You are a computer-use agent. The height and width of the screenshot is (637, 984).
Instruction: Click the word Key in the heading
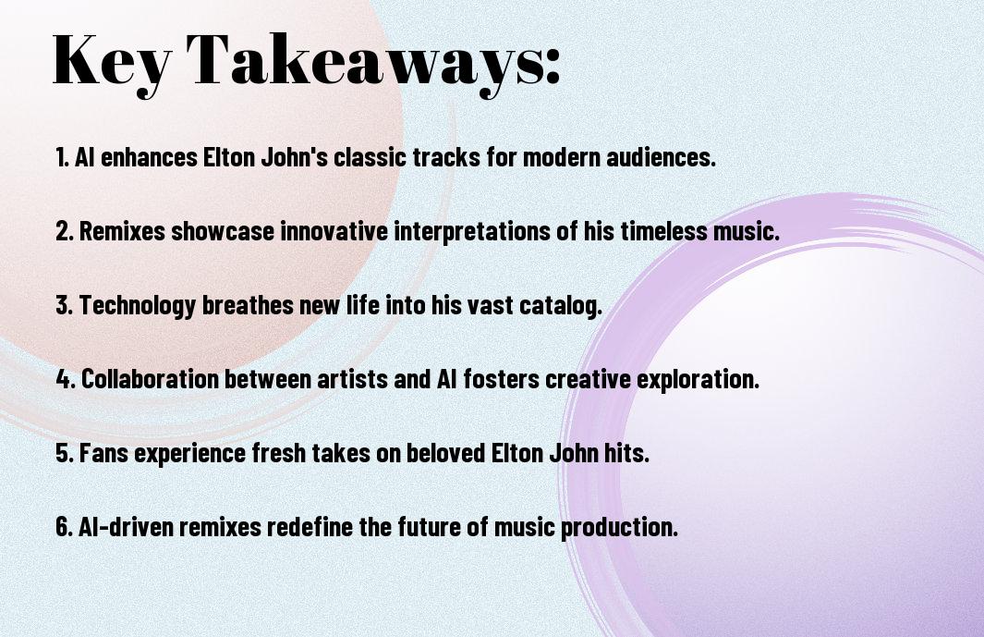coord(111,62)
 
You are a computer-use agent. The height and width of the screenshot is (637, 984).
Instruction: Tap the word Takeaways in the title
coord(365,62)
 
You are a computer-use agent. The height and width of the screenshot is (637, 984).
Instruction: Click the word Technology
coord(138,306)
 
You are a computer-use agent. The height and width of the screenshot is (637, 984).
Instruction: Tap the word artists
coord(352,379)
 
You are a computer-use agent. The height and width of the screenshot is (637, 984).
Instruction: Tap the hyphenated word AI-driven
coord(126,526)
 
